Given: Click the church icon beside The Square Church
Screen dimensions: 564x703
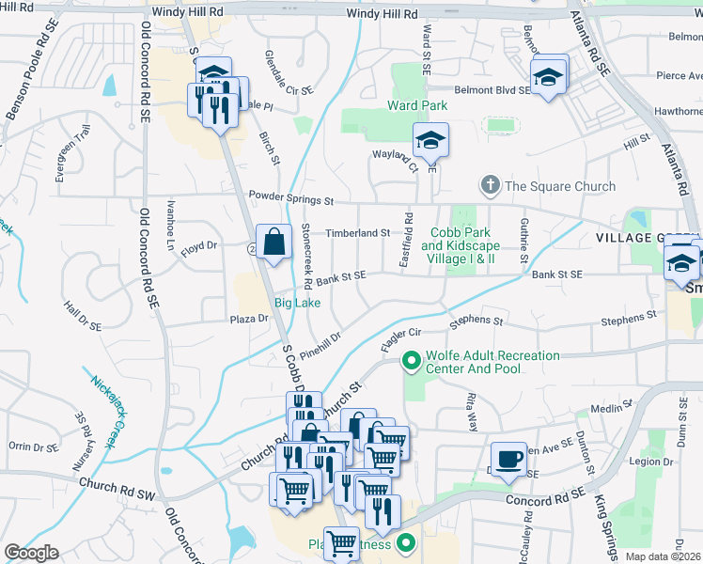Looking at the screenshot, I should click(490, 186).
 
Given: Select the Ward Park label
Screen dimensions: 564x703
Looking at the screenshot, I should click(418, 105).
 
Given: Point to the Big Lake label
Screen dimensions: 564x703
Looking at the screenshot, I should click(297, 303).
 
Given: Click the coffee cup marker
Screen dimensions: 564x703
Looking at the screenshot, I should click(508, 459).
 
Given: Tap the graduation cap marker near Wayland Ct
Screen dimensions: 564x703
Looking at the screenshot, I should click(430, 141).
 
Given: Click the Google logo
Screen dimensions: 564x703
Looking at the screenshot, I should click(31, 553).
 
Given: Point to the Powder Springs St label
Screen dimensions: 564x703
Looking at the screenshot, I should click(291, 199).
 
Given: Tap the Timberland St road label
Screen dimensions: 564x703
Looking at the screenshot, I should click(357, 233).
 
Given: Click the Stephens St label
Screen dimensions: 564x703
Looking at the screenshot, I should click(476, 321).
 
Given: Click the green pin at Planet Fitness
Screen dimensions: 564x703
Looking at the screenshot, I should click(406, 542).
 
